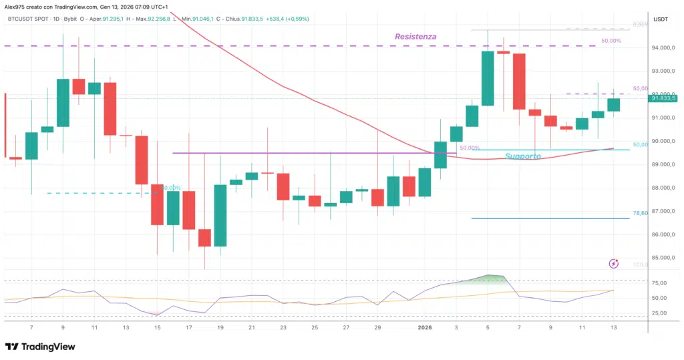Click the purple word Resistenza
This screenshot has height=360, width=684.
click(415, 37)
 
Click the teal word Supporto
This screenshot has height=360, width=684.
click(523, 156)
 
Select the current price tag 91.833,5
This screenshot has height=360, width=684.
click(665, 98)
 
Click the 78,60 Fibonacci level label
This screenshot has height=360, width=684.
click(641, 213)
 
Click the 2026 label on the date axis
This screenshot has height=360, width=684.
click(425, 328)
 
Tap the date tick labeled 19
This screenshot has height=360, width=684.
click(220, 328)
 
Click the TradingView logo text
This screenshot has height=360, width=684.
click(47, 347)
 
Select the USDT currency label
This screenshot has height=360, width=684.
click(661, 19)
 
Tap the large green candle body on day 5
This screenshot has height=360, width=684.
click(488, 77)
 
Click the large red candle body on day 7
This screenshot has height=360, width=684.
click(519, 81)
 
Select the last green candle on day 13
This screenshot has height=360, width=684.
click(613, 104)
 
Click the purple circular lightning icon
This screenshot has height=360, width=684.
click(614, 264)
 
